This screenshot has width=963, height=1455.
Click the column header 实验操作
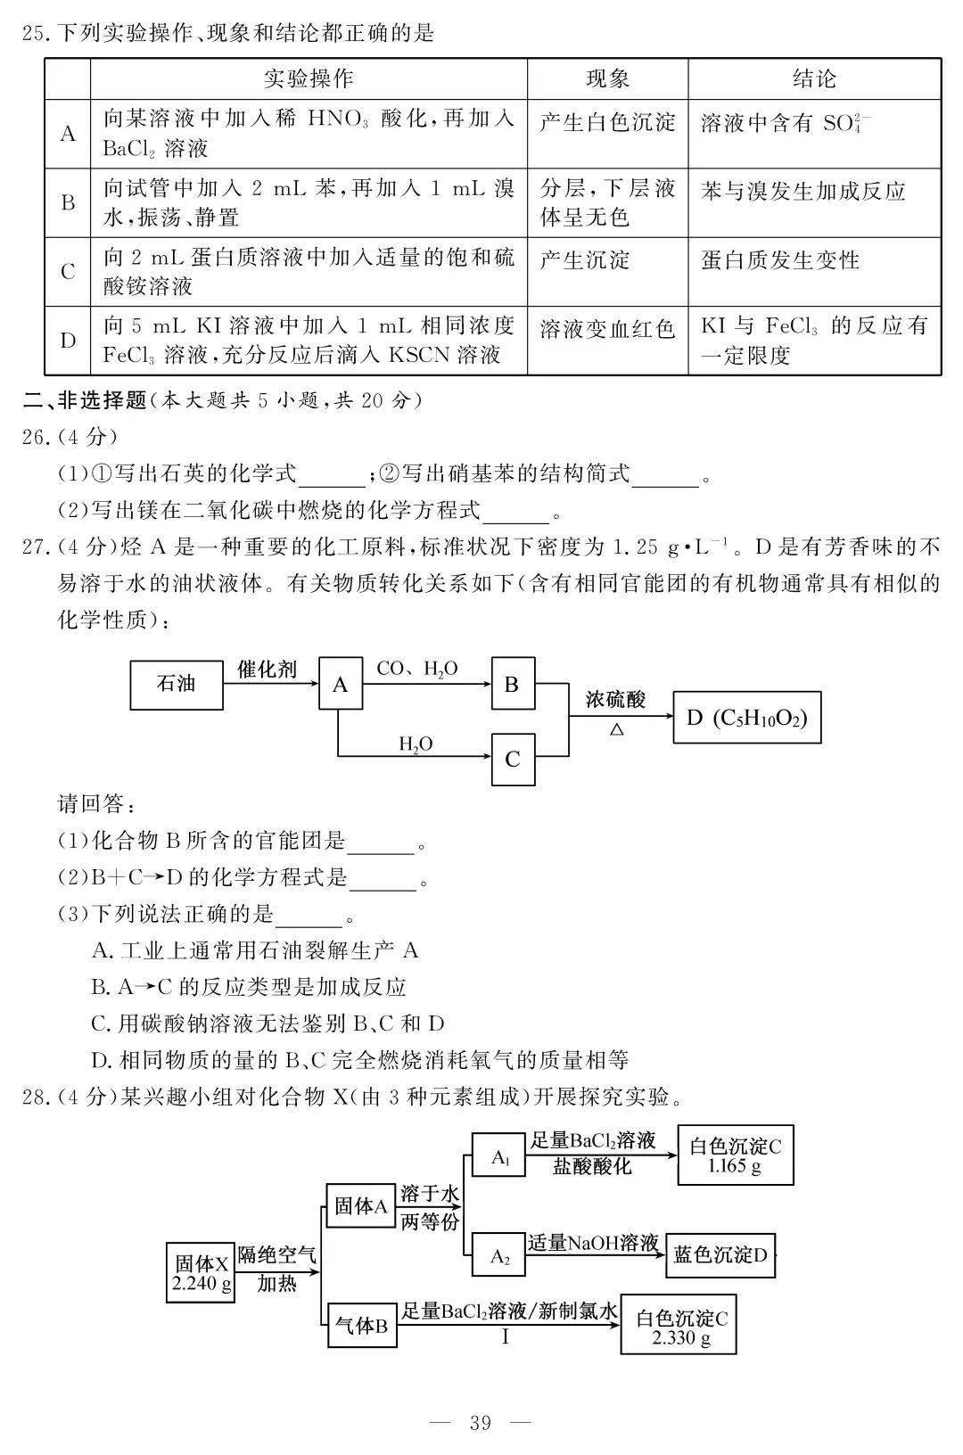tap(309, 78)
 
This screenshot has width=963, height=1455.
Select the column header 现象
tap(607, 78)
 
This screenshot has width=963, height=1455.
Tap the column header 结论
tap(814, 78)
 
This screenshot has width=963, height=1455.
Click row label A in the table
tap(68, 134)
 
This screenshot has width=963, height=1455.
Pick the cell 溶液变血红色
tap(607, 329)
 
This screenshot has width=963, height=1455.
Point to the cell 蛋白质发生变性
tap(780, 260)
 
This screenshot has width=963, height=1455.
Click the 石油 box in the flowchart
tap(176, 685)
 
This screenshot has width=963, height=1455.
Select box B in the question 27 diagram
tap(513, 685)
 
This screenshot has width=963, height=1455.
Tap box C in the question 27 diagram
tap(513, 760)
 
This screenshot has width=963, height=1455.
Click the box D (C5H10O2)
tap(746, 717)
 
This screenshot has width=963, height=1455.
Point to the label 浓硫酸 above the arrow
tap(615, 699)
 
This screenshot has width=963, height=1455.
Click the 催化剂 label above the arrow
tap(267, 669)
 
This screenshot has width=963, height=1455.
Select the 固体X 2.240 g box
tap(202, 1272)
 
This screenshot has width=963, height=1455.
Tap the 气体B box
tap(360, 1326)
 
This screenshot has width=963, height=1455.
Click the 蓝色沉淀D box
tap(720, 1255)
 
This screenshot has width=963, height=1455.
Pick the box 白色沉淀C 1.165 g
tap(735, 1155)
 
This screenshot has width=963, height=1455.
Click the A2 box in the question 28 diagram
tap(499, 1257)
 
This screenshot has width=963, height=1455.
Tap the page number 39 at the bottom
tap(480, 1423)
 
